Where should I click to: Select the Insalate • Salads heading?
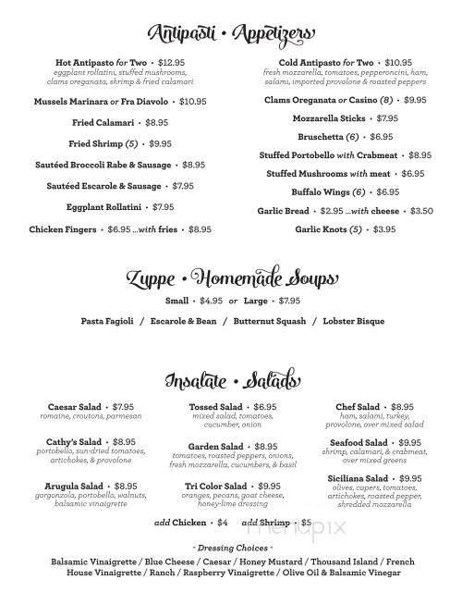click(231, 380)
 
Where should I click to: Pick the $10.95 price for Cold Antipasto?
click(392, 61)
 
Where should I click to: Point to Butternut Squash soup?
click(268, 321)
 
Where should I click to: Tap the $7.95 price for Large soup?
click(290, 302)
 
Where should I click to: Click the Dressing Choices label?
click(231, 549)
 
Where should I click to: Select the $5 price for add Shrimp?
click(308, 524)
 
